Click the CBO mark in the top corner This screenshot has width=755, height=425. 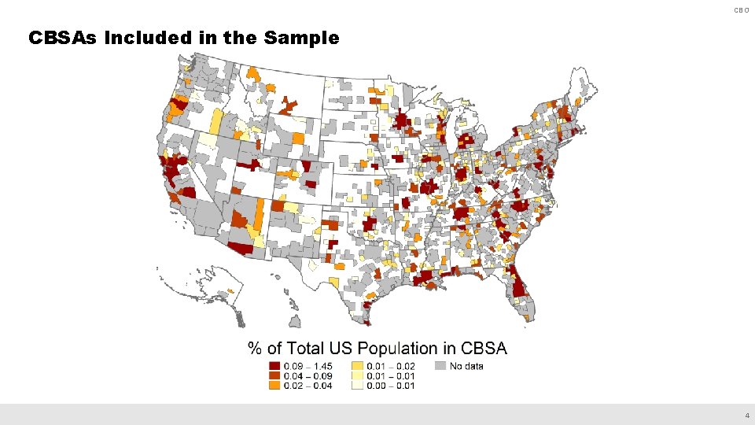click(741, 10)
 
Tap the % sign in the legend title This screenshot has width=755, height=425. click(255, 348)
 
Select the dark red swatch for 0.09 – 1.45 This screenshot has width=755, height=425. click(274, 366)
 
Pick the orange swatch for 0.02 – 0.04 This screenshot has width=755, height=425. click(274, 385)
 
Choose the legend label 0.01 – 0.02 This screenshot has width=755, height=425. click(391, 366)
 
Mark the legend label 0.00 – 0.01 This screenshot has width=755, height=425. click(391, 385)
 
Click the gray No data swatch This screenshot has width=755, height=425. click(440, 366)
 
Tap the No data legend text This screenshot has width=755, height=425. click(466, 366)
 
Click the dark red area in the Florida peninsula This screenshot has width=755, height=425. click(518, 284)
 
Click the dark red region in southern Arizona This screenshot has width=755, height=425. click(245, 249)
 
